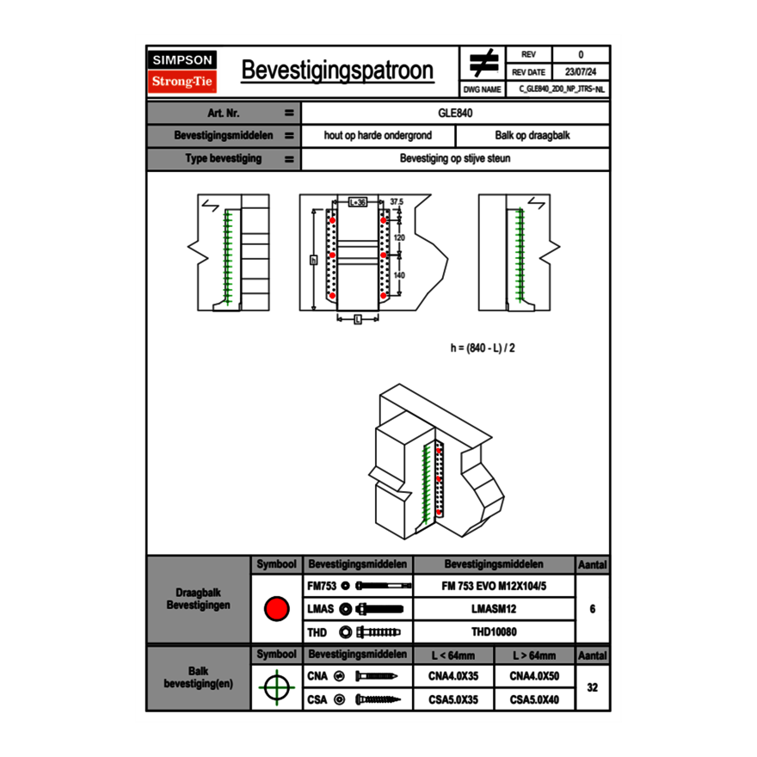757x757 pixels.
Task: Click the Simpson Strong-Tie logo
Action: tap(183, 71)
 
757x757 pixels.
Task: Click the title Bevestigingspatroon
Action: tap(336, 71)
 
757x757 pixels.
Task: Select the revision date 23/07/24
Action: tap(580, 72)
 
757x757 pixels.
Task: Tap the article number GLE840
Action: tap(456, 113)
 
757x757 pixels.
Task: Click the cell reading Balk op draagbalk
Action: tap(532, 136)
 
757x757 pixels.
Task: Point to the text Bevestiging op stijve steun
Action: tap(455, 159)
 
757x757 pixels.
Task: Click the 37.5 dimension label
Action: tap(397, 201)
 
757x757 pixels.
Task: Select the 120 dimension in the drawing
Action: tap(399, 237)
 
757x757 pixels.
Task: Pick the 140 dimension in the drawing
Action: tap(399, 275)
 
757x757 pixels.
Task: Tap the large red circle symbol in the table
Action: tap(276, 610)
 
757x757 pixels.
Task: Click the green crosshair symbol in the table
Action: tap(276, 687)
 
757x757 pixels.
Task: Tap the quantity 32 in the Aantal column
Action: tap(592, 687)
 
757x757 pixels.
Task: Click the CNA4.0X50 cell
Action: tap(534, 676)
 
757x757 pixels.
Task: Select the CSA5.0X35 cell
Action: tap(453, 699)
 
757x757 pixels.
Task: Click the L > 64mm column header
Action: tap(534, 655)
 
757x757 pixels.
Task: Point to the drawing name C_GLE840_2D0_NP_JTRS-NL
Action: tap(562, 89)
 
